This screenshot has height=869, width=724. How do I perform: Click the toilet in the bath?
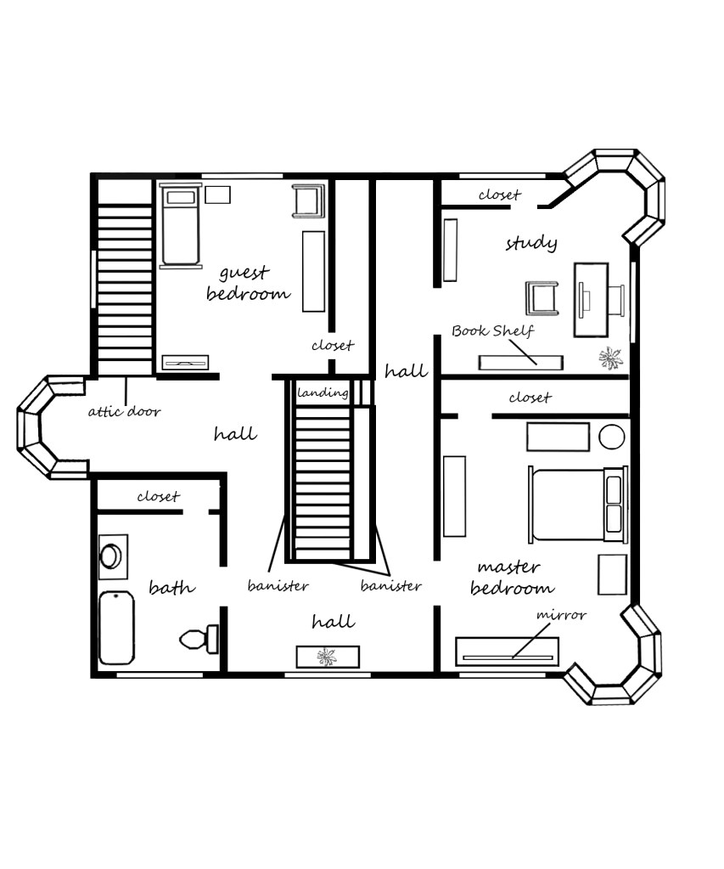199,639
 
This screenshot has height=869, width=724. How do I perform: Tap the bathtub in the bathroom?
116,628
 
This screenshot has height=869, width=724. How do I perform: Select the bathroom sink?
112,556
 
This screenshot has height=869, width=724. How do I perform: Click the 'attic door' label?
124,411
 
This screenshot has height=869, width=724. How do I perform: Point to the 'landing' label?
323,393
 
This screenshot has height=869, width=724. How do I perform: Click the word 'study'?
531,243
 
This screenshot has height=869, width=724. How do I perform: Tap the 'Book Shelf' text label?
492,330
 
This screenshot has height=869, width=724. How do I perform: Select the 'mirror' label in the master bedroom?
561,615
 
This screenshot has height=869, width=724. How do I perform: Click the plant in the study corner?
610,358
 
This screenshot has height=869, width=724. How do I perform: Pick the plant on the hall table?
327,657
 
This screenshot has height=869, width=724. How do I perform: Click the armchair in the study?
542,298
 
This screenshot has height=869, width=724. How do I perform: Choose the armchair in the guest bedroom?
308,200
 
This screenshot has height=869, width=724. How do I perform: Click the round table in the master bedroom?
612,437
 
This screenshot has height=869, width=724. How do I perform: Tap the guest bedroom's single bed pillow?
181,197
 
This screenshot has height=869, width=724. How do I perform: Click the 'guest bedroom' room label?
248,283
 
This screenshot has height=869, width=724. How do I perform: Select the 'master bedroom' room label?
512,578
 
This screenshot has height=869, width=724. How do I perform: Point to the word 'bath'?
171,586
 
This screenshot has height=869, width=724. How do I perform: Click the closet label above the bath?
159,496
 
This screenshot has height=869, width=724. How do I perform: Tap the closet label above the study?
500,195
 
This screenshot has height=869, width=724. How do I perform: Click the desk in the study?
591,300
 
